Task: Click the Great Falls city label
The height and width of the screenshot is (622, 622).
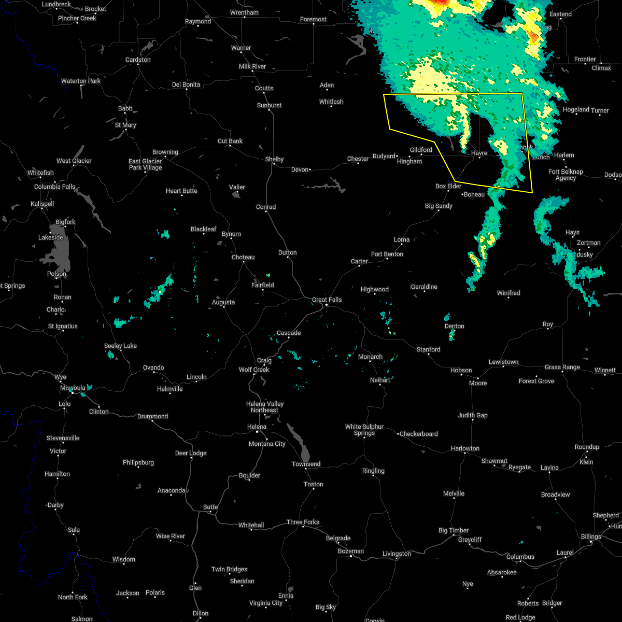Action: pyautogui.click(x=327, y=300)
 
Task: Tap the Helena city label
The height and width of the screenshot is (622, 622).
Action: pyautogui.click(x=257, y=427)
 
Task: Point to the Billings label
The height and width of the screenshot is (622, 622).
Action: pyautogui.click(x=590, y=536)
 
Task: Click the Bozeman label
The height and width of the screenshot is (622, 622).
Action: pyautogui.click(x=350, y=551)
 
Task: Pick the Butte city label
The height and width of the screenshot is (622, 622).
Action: pyautogui.click(x=210, y=507)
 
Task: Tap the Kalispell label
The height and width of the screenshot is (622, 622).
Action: pyautogui.click(x=42, y=204)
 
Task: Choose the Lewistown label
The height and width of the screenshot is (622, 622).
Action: pyautogui.click(x=503, y=362)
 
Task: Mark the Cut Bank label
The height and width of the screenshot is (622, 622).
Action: pyautogui.click(x=230, y=141)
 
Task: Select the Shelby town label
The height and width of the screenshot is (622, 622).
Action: pyautogui.click(x=274, y=159)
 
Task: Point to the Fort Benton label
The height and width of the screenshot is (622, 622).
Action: pyautogui.click(x=387, y=254)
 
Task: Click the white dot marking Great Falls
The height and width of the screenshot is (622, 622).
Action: pyautogui.click(x=326, y=306)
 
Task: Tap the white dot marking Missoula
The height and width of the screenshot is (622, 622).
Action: pyautogui.click(x=73, y=393)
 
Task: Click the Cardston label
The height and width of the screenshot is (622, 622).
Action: pyautogui.click(x=138, y=60)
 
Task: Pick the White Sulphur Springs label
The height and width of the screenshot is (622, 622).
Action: pyautogui.click(x=364, y=430)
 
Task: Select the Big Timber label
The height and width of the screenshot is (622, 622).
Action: pyautogui.click(x=453, y=530)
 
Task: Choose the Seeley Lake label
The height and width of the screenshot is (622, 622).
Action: pyautogui.click(x=120, y=346)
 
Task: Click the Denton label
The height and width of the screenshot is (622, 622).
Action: pyautogui.click(x=454, y=326)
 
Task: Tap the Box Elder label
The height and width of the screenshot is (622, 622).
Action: pyautogui.click(x=448, y=186)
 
